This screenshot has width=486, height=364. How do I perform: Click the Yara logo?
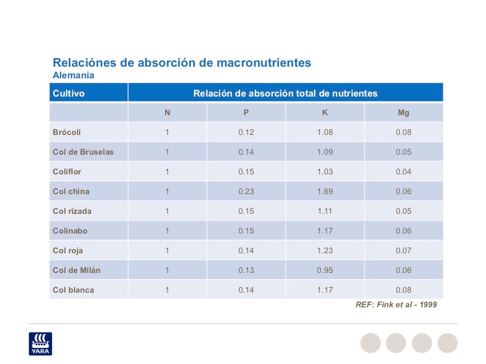coord(40,343)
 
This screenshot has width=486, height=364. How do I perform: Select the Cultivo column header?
coord(68,94)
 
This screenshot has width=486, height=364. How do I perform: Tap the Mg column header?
coord(403,113)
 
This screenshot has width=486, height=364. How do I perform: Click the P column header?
coord(246,113)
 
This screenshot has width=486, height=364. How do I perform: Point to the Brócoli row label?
coord(66,132)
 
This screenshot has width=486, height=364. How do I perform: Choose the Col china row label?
coord(70,192)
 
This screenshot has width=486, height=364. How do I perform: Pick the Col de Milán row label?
coord(76,270)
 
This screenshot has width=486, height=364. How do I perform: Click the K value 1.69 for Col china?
coord(325,192)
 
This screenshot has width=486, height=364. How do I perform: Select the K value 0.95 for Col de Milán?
coord(325,270)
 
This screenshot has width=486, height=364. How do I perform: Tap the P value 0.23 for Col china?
coord(246,192)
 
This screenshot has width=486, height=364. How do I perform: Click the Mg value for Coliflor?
coord(403,172)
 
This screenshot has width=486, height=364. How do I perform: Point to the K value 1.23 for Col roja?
coord(325,251)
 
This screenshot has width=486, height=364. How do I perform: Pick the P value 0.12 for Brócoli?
coord(246,132)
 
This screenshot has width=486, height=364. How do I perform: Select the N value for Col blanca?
coord(167,290)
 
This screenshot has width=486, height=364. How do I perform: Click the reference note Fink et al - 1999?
coord(396,305)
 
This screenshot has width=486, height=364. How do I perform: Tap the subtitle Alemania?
coord(73,75)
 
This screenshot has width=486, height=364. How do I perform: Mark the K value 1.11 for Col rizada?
coord(325,211)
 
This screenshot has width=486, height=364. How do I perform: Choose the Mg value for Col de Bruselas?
coord(403,152)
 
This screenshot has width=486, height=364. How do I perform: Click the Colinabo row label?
coord(70,231)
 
